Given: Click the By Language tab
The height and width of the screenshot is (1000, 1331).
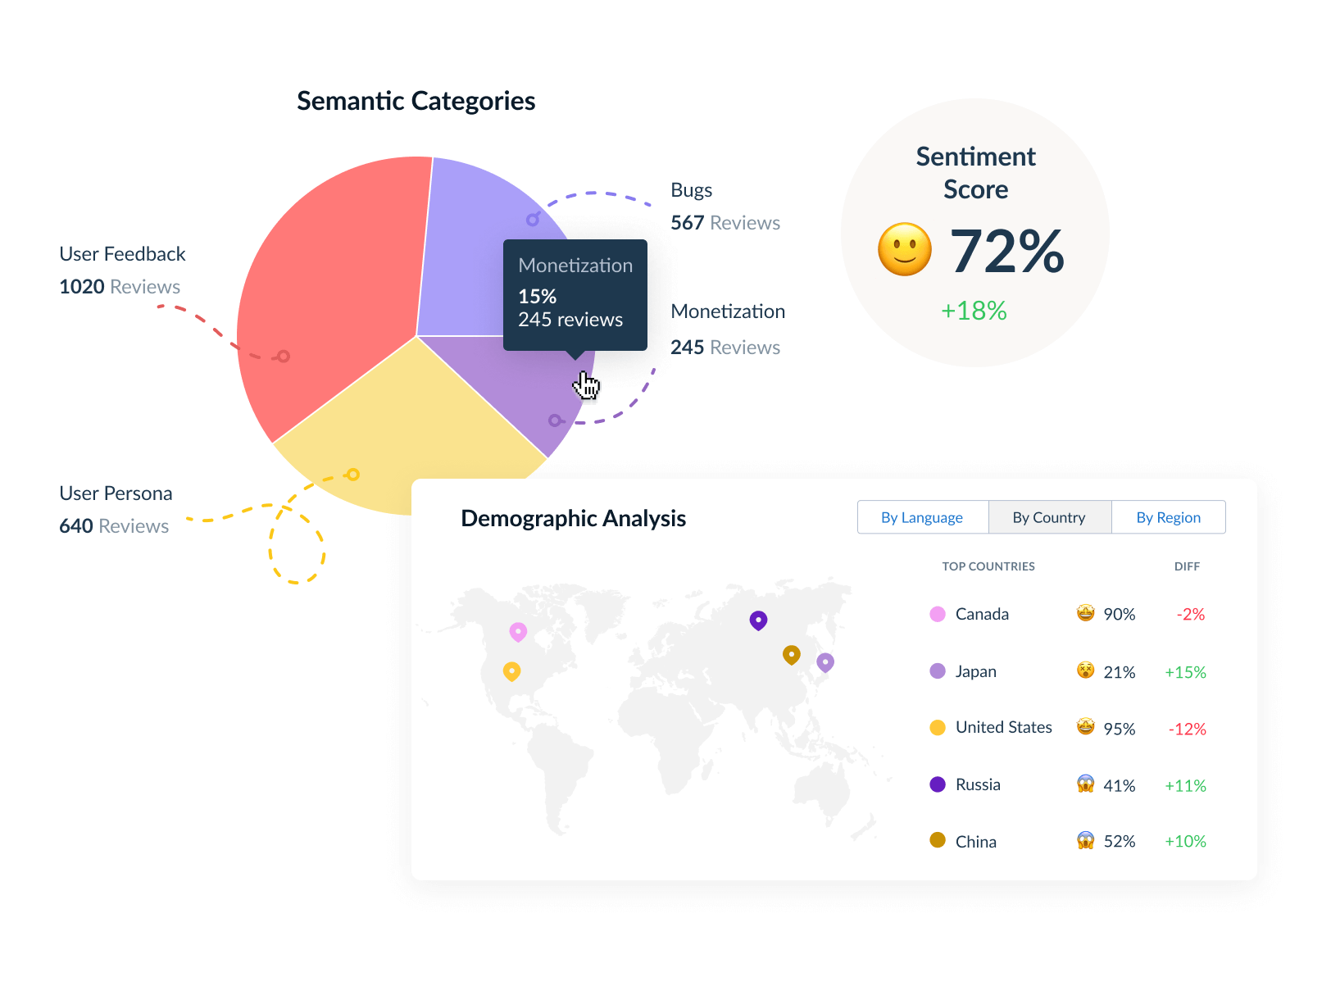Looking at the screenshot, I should pos(922,517).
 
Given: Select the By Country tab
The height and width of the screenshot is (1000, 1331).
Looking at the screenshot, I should pos(1049,517).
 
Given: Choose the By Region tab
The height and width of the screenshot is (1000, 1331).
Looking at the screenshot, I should pos(1168,517).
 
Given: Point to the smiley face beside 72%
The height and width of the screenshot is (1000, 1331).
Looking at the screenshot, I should pos(905,249).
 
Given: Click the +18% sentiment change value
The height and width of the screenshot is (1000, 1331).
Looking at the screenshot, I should pos(974,311).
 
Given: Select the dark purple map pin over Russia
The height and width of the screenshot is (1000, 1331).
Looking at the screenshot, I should pos(758,620).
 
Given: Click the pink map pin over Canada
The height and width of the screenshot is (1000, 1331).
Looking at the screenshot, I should pos(518,631).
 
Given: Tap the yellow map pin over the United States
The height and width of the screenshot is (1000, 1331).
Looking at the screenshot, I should pos(511,671).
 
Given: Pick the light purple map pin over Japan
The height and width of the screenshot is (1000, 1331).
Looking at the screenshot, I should pos(825,661).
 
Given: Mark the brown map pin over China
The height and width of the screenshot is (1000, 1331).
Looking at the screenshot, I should pos(791,654).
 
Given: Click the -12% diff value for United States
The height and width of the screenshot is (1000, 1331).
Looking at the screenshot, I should pos(1187,729).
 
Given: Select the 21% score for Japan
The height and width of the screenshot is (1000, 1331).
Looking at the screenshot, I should pos(1119,672).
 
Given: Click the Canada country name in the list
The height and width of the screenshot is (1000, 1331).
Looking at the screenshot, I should pos(982,614).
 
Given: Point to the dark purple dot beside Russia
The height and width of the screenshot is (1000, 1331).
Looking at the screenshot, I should pos(938,784).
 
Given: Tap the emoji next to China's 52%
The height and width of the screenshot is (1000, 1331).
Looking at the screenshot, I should pos(1085,840).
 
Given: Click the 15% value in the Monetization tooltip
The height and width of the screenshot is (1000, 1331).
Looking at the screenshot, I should pos(538,296).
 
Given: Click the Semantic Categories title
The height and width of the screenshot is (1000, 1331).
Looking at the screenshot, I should pos(416,101).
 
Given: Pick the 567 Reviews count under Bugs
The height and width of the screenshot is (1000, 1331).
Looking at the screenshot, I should pos(725,223).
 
